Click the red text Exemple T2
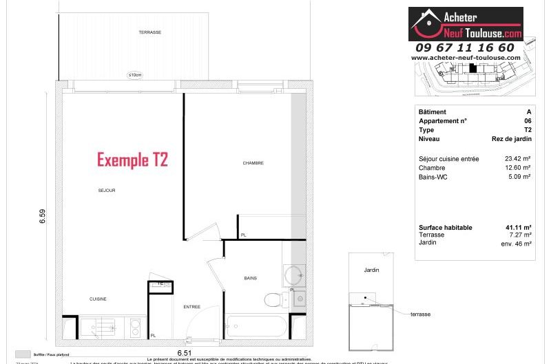click(132, 160)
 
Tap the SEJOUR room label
click(106, 190)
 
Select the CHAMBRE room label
click(253, 163)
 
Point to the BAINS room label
click(251, 278)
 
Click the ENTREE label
click(191, 306)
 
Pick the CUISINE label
click(98, 299)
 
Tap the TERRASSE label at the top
click(149, 32)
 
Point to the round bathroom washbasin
click(295, 275)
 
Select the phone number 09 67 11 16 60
click(465, 47)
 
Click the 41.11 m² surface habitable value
click(518, 228)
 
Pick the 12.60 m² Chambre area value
click(518, 168)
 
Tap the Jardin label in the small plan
click(371, 270)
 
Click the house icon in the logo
click(424, 23)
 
